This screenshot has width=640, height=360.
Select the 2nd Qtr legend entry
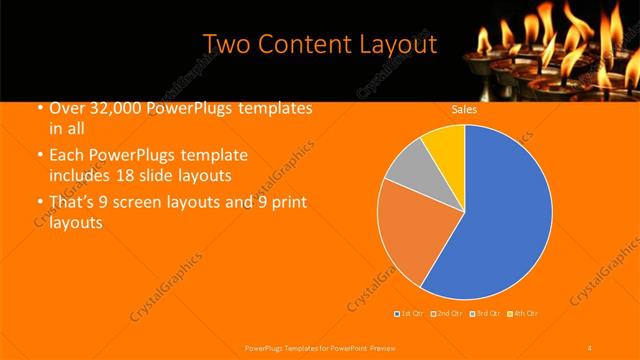click(x=446, y=315)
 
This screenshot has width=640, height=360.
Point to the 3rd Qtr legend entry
click(x=484, y=315)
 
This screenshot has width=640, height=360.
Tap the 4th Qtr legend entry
click(x=523, y=315)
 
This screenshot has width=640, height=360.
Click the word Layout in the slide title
click(x=397, y=45)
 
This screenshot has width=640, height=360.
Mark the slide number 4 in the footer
click(x=589, y=346)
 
